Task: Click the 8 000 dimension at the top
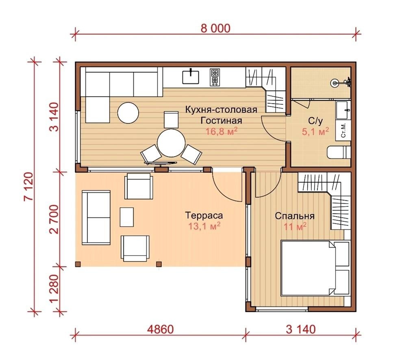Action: coord(215,28)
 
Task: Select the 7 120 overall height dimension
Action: coord(28,187)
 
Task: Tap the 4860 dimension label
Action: coord(161,329)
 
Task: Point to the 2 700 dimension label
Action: coord(54,219)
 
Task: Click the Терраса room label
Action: coord(204,216)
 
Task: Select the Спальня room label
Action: coord(295,216)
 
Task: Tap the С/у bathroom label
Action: coord(315,121)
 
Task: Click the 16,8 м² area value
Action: coord(222,131)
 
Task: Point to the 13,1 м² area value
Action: coord(204,226)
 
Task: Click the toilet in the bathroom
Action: coord(339,152)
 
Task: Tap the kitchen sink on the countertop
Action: coord(191,76)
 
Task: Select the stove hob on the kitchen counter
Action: coord(215,78)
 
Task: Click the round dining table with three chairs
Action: coord(171,143)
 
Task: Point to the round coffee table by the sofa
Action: coord(128,113)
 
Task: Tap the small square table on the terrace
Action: coord(127,217)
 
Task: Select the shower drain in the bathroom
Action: coord(334,82)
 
